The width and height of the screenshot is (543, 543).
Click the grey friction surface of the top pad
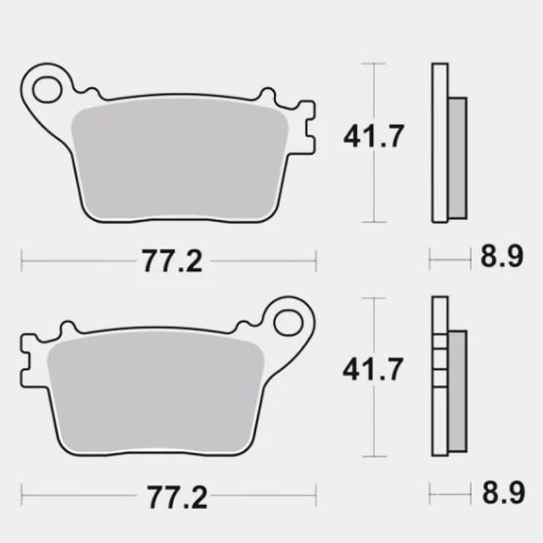[x=181, y=161]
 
